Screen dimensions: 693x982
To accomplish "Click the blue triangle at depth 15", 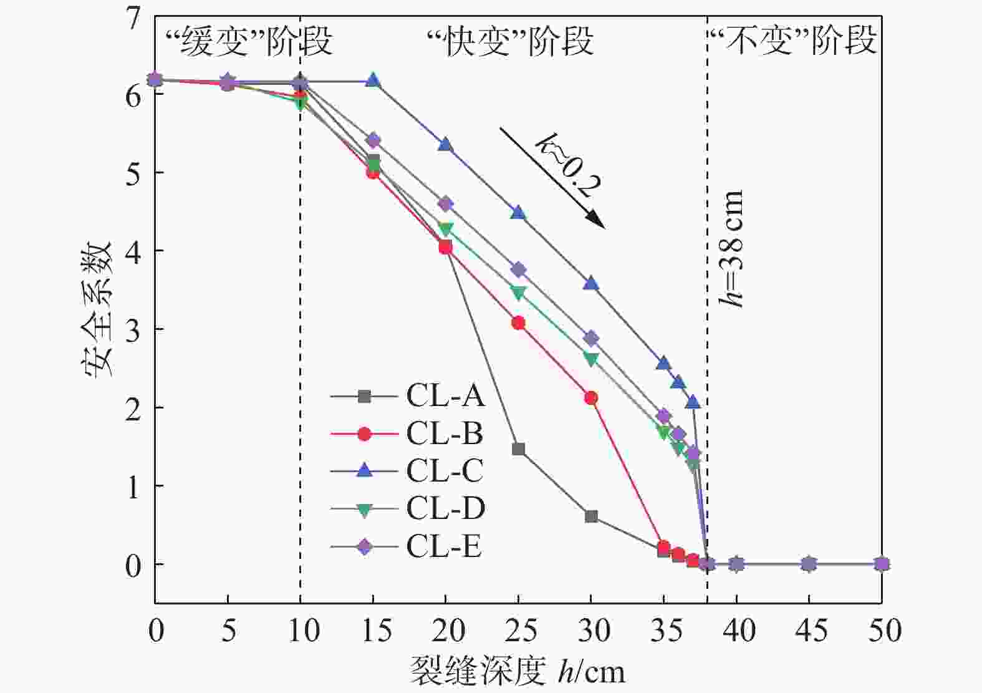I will coord(373,80).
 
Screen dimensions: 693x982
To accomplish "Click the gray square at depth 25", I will coord(518,449).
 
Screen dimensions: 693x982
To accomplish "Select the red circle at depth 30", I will coord(591,398).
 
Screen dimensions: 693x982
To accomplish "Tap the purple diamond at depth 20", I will coord(445,204).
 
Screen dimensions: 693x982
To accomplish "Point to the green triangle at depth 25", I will coord(518,293).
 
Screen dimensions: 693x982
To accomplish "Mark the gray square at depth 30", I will coord(591,516).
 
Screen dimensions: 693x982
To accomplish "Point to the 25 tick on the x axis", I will coord(518,631).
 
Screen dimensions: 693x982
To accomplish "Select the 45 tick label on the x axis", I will coord(809,631).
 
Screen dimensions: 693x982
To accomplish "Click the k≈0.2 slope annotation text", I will coord(568,165).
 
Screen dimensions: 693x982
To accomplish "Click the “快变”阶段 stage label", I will coord(510,41).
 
